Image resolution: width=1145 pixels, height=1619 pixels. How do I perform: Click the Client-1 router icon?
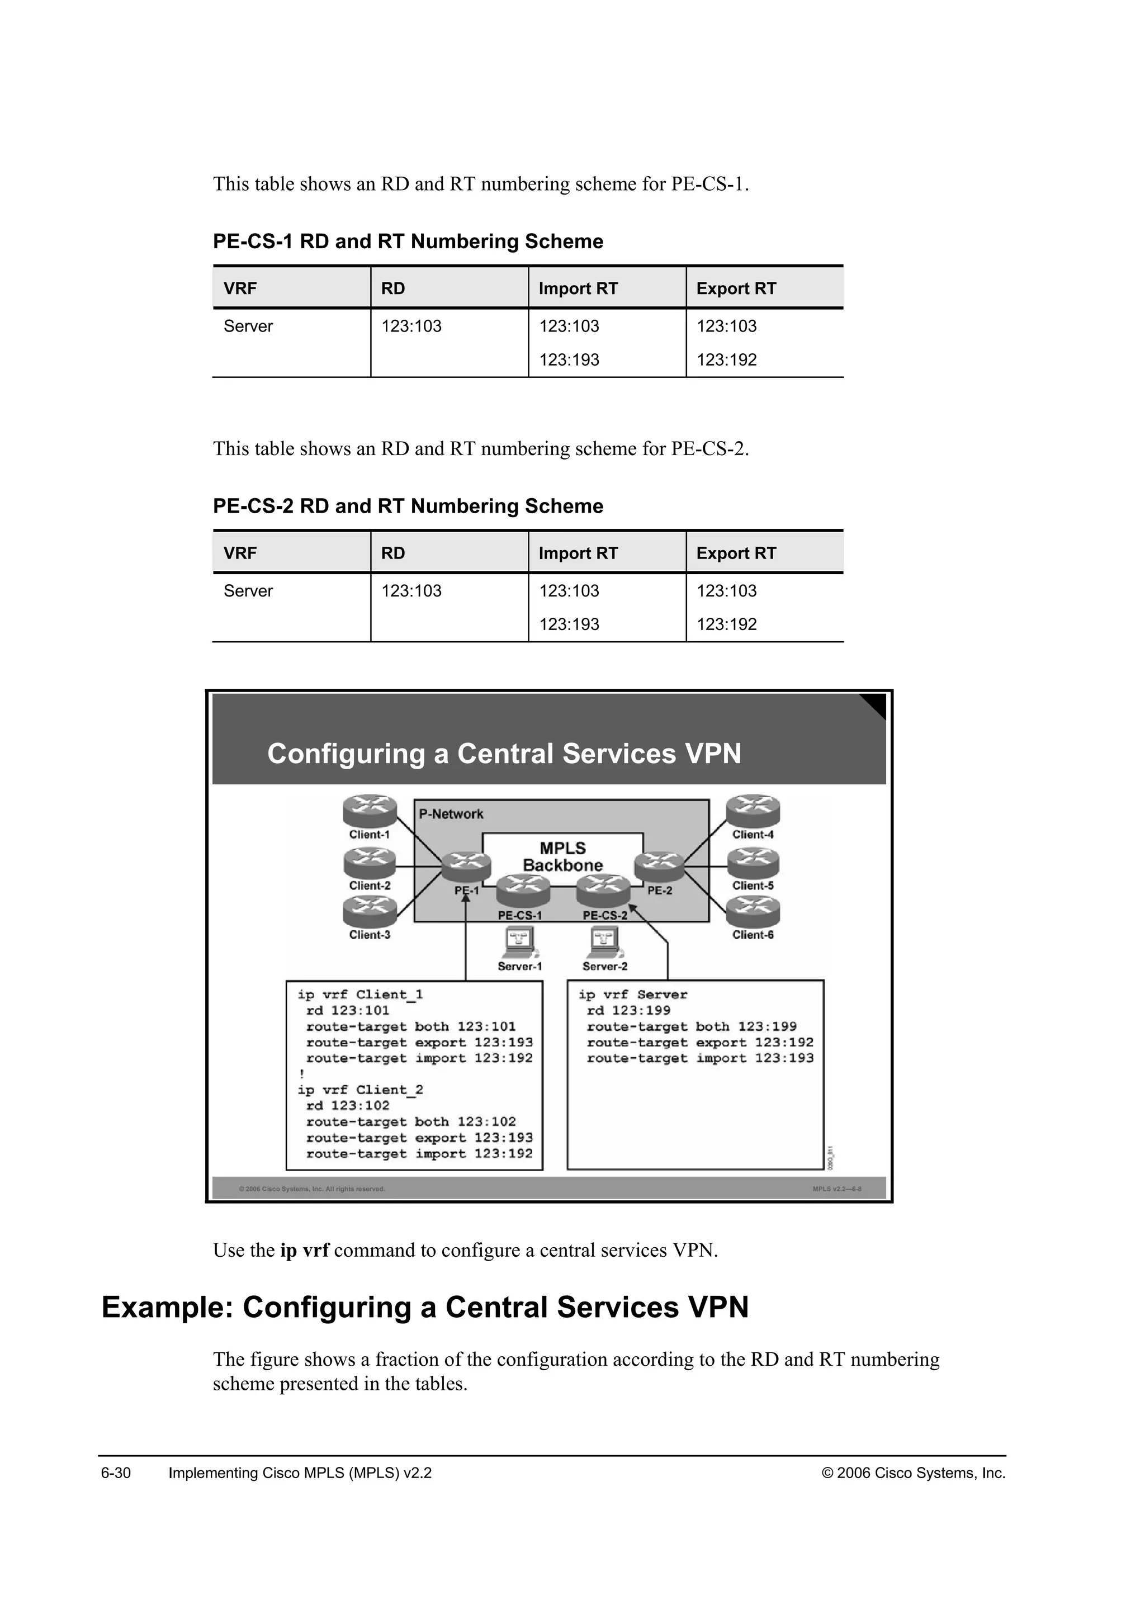pos(370,811)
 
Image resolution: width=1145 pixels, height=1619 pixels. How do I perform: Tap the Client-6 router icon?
pos(753,912)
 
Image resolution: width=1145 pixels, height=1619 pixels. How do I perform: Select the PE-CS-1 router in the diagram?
pos(522,891)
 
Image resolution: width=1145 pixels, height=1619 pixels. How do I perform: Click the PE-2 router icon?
pos(659,867)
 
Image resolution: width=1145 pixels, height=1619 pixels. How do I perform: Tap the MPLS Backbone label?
pos(562,857)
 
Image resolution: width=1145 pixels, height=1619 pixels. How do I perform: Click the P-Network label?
pos(451,814)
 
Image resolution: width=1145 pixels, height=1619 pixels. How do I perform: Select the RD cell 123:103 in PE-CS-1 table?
pos(411,326)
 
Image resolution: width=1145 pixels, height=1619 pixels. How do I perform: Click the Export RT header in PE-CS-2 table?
pos(736,553)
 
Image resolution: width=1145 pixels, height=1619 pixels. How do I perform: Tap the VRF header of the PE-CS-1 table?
pos(240,288)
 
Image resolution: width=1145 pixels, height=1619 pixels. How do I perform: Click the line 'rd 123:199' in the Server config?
pos(628,1010)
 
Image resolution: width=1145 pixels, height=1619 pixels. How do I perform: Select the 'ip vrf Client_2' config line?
pos(360,1090)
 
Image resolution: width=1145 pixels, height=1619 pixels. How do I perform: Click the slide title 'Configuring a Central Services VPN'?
pos(504,754)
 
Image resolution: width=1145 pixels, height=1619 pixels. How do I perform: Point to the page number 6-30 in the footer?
pos(116,1473)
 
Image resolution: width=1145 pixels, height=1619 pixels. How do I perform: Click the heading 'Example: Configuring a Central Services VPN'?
pos(425,1306)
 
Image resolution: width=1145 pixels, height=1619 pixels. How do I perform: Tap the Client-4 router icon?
pos(753,811)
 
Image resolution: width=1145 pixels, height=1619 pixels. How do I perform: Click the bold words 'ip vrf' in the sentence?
pos(305,1250)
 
